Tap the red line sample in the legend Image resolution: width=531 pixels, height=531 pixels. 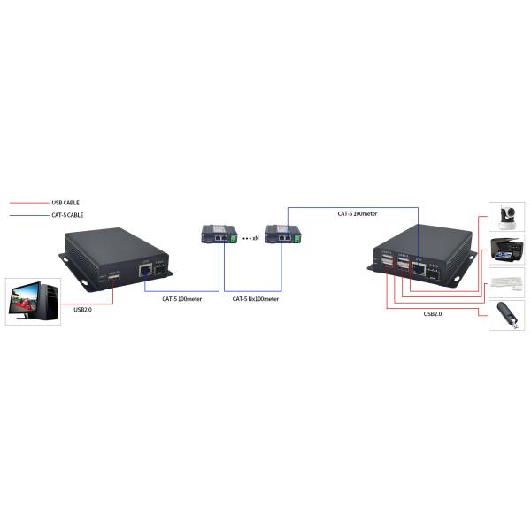pos(27,202)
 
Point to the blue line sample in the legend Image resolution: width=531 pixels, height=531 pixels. pos(27,214)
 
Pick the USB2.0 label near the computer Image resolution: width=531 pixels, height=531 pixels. pos(82,310)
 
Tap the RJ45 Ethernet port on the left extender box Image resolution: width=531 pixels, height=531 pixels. pos(142,271)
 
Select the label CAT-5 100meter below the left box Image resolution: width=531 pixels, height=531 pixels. pos(181,299)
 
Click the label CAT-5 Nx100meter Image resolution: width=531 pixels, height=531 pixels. pos(255,299)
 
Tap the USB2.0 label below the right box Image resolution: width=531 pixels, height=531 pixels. pos(433,314)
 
